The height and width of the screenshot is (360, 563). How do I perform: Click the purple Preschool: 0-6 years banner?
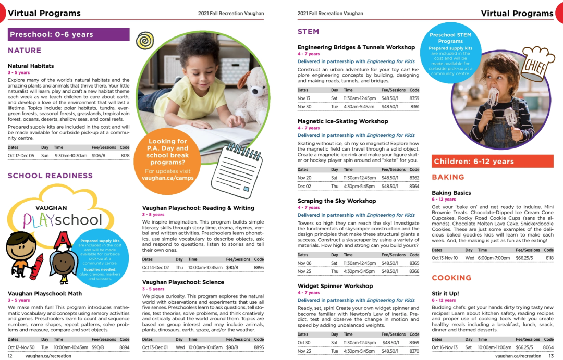68,34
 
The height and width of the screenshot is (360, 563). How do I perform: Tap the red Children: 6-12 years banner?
492,162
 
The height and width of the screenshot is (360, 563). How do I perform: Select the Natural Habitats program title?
31,66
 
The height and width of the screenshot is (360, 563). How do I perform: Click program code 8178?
125,155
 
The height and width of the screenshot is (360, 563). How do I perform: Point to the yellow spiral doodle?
145,40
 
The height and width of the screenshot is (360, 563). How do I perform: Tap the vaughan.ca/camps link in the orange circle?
168,178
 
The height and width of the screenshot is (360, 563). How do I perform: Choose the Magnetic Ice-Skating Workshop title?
342,121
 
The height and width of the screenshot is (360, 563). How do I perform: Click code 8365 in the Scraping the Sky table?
414,263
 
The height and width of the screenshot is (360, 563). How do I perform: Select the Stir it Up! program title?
445,293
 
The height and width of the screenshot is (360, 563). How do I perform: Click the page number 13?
551,356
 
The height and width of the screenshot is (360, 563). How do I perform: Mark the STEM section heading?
308,32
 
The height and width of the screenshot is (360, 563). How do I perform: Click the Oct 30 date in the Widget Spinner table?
304,343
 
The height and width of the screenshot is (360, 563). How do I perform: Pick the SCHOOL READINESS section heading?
50,176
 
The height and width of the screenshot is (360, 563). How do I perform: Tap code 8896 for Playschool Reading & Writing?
259,268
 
